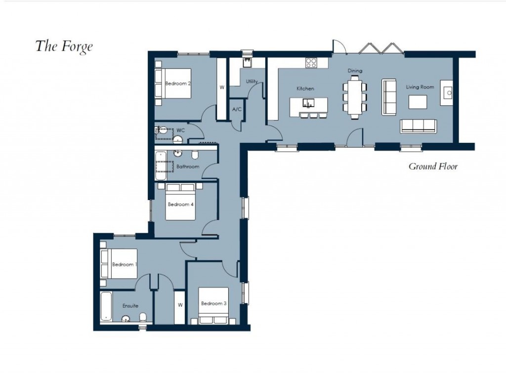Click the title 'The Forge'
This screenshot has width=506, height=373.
(x=64, y=46)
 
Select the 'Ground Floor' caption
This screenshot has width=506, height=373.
(x=433, y=166)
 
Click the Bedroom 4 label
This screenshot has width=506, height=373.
(x=178, y=204)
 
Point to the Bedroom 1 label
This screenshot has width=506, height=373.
(x=124, y=264)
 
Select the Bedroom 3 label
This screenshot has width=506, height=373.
(x=213, y=303)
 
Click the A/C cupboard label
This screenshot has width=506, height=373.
(x=237, y=109)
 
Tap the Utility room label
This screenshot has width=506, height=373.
(x=252, y=82)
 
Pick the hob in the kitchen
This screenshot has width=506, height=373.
(x=311, y=63)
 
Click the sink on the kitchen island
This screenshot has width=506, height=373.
(x=308, y=103)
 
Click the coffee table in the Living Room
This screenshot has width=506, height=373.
(x=418, y=101)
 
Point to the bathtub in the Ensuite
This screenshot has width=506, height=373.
(x=106, y=306)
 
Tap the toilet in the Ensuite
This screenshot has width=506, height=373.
(x=143, y=317)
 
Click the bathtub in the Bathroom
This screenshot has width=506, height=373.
(x=161, y=166)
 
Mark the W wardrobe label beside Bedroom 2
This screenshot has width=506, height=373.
(x=222, y=87)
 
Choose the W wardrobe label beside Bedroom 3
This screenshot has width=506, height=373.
(x=180, y=305)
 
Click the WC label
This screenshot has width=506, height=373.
(x=181, y=130)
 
